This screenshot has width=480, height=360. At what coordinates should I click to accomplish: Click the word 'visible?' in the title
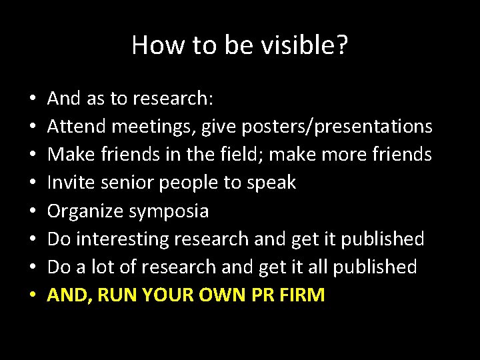pyautogui.click(x=308, y=45)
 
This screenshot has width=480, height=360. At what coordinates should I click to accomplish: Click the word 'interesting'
pyautogui.click(x=129, y=239)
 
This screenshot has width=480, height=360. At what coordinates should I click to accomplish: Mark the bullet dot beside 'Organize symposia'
pyautogui.click(x=32, y=211)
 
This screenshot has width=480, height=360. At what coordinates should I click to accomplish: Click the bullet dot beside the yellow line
pyautogui.click(x=32, y=295)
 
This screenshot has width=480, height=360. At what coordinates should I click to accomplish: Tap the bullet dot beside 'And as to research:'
pyautogui.click(x=32, y=99)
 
